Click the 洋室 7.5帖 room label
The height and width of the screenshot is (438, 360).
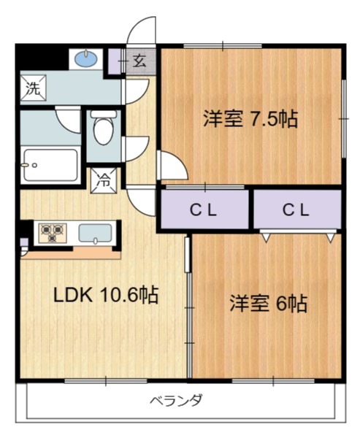tap(250, 119)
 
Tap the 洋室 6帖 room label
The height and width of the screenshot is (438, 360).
tap(268, 303)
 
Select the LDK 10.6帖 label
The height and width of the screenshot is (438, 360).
tap(106, 295)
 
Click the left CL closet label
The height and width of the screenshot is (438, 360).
tap(204, 210)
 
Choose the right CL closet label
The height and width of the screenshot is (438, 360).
tap(296, 210)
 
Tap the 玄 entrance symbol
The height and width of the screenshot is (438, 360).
tap(139, 62)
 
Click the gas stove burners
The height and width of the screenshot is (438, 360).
tap(52, 233)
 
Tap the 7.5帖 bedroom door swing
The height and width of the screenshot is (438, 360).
tap(169, 165)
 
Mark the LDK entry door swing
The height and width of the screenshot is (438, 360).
tap(140, 198)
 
